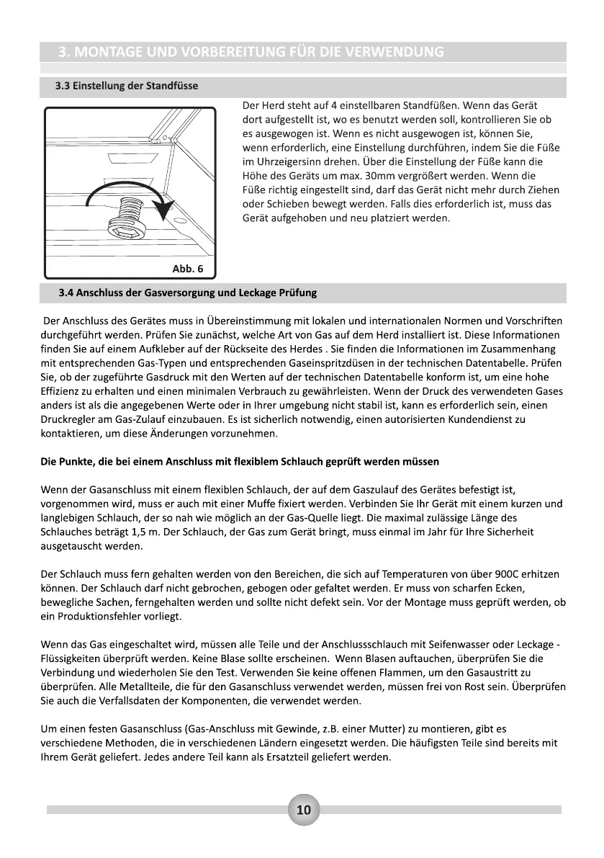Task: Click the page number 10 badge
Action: tap(303, 810)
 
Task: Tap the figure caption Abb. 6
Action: tap(186, 269)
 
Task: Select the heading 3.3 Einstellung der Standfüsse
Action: tap(127, 86)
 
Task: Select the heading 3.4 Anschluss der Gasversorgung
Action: tap(187, 293)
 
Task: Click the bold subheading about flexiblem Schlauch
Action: tap(240, 461)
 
